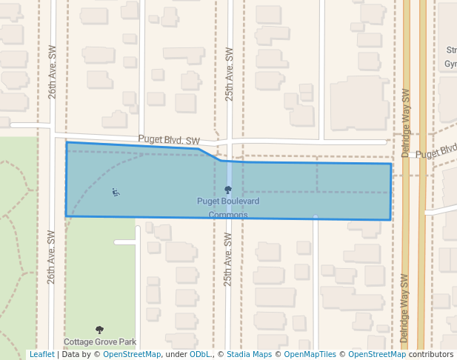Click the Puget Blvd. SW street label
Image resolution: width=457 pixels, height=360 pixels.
[169, 140]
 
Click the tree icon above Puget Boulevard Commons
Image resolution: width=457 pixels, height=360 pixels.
[228, 190]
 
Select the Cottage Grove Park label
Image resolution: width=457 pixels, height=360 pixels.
[100, 342]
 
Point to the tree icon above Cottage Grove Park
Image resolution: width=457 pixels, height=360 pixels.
[100, 330]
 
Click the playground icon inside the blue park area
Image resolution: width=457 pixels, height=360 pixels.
[116, 193]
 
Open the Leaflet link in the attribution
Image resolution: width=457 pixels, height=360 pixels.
[41, 355]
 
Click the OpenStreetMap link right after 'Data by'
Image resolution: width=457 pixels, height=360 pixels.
[132, 355]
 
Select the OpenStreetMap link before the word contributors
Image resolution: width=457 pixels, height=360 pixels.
[377, 355]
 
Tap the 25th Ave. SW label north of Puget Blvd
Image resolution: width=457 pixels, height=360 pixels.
[230, 75]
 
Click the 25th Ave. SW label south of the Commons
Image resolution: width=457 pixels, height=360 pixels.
[228, 260]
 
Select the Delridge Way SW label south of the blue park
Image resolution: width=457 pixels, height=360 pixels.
[404, 308]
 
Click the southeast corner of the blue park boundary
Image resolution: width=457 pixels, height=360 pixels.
[390, 220]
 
